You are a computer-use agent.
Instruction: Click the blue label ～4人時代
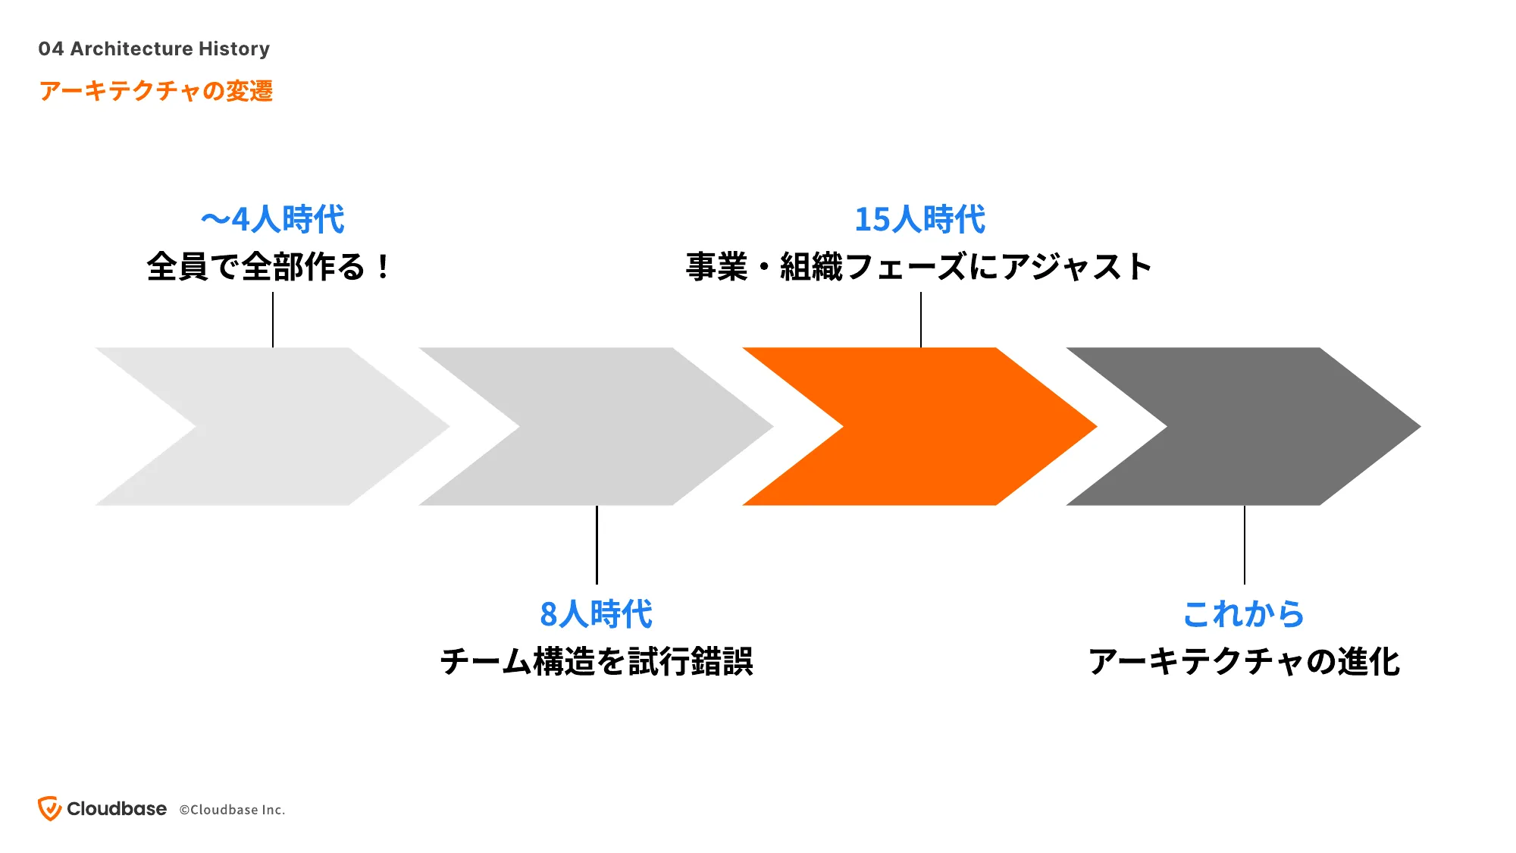(273, 220)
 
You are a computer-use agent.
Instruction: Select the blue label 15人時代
(920, 220)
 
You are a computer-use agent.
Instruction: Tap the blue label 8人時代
(597, 614)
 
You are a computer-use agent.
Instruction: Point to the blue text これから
(1244, 614)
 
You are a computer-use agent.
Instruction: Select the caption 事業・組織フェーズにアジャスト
(919, 267)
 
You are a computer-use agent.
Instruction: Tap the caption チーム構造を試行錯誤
(597, 661)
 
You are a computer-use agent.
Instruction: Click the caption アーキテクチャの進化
(1244, 661)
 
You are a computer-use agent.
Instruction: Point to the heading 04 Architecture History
(154, 49)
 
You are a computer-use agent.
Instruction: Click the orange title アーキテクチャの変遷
(155, 91)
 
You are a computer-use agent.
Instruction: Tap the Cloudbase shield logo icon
(49, 808)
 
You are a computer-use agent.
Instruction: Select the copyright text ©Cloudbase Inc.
(232, 810)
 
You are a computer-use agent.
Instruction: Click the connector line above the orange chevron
(921, 320)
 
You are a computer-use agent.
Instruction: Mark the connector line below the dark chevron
(1245, 544)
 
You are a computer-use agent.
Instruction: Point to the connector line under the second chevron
(597, 544)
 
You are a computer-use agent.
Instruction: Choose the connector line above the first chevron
(273, 320)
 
